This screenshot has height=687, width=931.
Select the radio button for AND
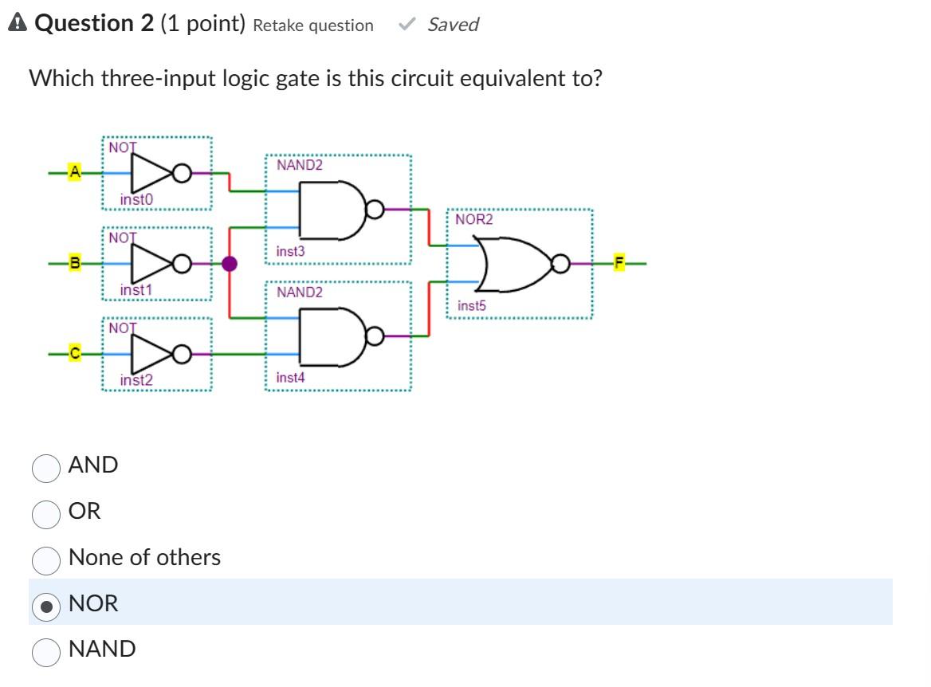point(46,469)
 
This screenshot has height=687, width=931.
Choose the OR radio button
point(46,515)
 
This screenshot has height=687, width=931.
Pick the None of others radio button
point(46,560)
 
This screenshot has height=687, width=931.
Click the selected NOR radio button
point(46,607)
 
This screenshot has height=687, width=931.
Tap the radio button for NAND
point(46,652)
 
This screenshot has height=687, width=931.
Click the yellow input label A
point(75,171)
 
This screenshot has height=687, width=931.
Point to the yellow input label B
point(75,263)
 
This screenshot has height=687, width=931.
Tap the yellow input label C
point(75,353)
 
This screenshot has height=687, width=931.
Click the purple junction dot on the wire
point(230,263)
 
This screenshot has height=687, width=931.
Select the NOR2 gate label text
point(474,219)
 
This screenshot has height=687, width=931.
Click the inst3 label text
point(290,251)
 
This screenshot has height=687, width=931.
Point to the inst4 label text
point(290,377)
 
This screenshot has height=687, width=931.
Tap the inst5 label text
point(472,305)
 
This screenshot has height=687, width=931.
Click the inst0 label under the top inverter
point(136,199)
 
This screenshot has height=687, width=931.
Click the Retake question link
point(312,26)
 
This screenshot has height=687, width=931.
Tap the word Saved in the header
point(453,25)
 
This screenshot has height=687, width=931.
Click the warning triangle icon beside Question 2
point(17,24)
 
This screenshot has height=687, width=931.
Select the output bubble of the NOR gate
point(562,263)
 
